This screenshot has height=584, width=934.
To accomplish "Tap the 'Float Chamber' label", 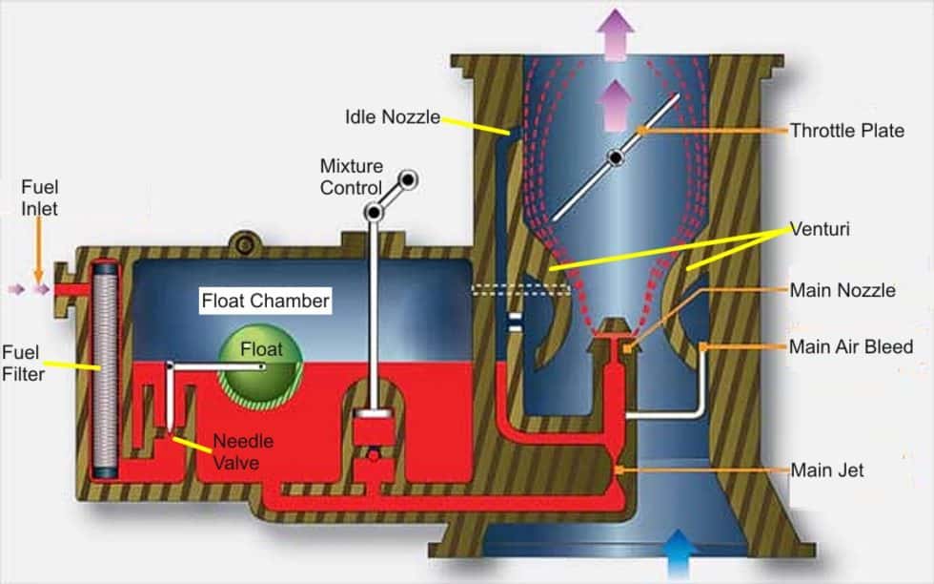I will [265, 302].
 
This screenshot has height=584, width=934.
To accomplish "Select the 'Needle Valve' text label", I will [242, 451].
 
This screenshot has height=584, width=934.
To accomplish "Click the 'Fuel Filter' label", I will [23, 363].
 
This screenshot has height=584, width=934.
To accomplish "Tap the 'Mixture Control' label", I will [350, 177].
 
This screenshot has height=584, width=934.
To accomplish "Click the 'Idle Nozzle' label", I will [392, 118].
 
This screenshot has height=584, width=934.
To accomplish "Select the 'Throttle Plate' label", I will [846, 131].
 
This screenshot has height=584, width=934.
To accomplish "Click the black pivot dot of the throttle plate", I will [617, 156].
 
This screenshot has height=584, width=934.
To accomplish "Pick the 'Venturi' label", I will [818, 229].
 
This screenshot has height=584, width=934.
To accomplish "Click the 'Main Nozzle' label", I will [842, 290].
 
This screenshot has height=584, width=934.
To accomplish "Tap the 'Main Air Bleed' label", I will [850, 346].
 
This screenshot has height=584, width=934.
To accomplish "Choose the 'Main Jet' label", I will [826, 470].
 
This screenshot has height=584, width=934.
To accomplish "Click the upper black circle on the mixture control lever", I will [408, 178].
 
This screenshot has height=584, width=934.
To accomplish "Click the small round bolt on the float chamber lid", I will [245, 245].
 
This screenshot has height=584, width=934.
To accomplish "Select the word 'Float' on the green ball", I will [260, 349].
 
